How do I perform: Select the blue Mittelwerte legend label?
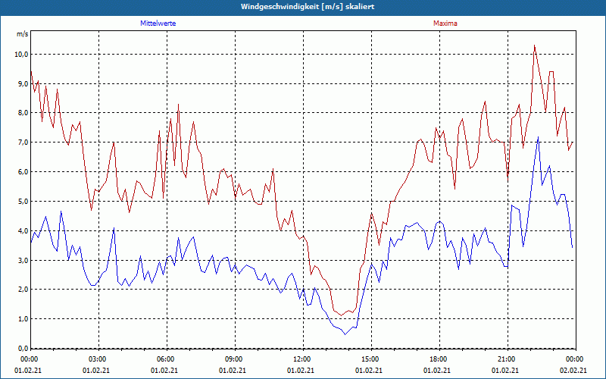tap(158, 23)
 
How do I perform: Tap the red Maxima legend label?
tap(445, 23)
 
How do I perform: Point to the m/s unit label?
tap(22, 35)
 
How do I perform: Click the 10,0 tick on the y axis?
tap(21, 55)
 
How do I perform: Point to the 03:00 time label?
tap(98, 359)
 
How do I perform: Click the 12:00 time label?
tap(303, 359)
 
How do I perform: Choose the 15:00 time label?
tap(371, 359)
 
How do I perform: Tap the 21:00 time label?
tap(507, 359)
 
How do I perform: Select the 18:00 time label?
tap(439, 359)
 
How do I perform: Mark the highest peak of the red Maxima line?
tap(534, 45)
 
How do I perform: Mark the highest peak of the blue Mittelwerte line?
tap(538, 137)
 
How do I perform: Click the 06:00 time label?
tap(167, 359)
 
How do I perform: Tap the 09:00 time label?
tap(235, 359)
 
